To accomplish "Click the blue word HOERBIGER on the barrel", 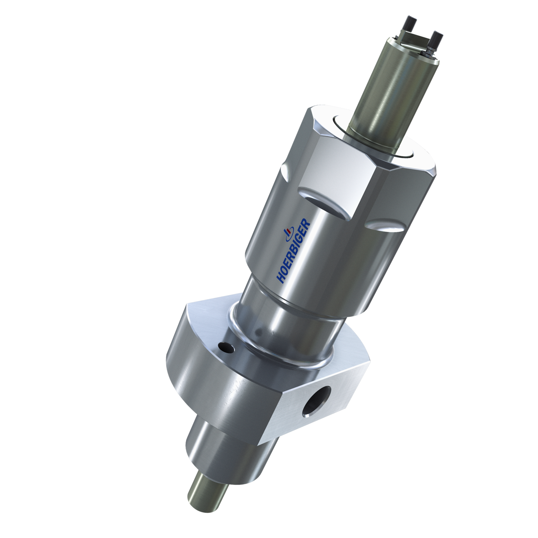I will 294,251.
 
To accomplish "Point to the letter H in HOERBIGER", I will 280,278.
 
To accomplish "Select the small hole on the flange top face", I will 225,347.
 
